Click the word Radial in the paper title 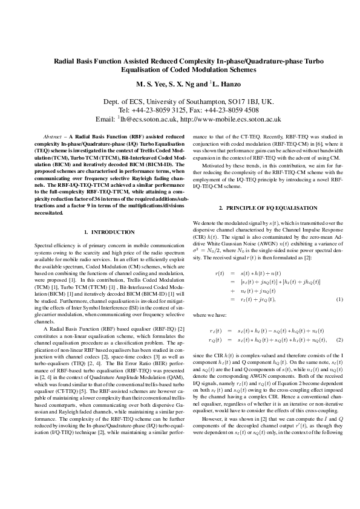[66, 61]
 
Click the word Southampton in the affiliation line [198, 102]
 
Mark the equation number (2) [339, 340]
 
